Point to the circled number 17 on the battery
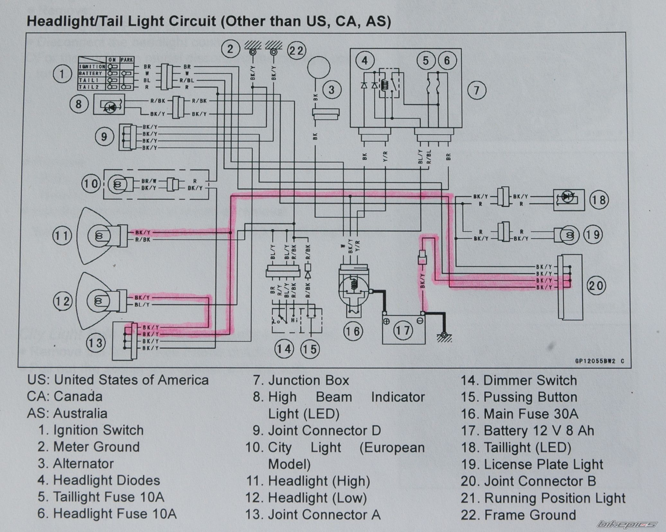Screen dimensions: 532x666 [403, 330]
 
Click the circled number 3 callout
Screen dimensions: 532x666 [331, 90]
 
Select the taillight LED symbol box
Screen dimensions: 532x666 [568, 200]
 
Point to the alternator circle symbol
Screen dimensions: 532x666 [318, 67]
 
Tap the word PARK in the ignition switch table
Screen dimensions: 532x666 [127, 60]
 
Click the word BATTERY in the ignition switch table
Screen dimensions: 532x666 [90, 74]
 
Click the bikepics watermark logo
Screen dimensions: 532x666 [627, 524]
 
